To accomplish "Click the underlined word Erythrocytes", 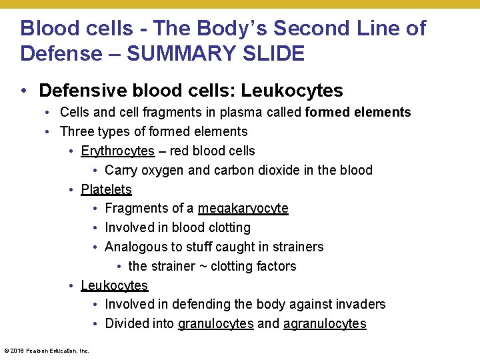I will click(x=117, y=151).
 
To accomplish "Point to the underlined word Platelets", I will click(x=106, y=190).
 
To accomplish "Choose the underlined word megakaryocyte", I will click(x=243, y=209).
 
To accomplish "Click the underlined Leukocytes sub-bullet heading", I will click(x=114, y=286).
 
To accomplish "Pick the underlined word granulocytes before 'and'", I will click(x=215, y=325).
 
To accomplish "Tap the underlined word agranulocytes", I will click(x=325, y=325).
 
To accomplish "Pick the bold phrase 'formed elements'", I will click(x=358, y=113).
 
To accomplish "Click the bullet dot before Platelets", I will click(x=71, y=190).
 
